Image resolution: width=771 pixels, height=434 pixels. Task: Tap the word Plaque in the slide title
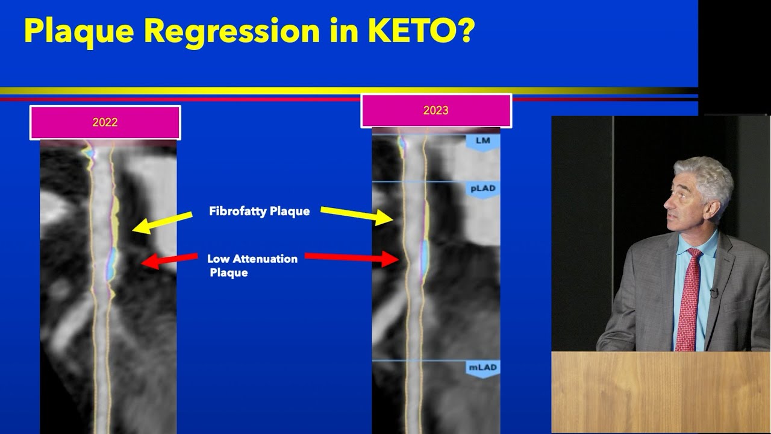click(x=79, y=33)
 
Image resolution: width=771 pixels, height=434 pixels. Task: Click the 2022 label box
click(x=105, y=122)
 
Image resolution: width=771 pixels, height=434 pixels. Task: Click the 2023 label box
click(x=436, y=110)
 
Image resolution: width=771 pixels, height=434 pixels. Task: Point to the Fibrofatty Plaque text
click(x=260, y=211)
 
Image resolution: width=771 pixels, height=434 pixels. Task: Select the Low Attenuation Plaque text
click(x=252, y=266)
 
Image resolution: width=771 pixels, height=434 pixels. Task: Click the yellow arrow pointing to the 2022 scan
click(x=162, y=222)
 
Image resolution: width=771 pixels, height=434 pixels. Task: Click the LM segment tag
click(x=483, y=142)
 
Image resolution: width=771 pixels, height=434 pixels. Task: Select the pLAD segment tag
click(x=483, y=190)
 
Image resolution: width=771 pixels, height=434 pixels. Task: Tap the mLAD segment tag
click(x=483, y=370)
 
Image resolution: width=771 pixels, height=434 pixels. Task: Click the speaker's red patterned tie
click(x=688, y=300)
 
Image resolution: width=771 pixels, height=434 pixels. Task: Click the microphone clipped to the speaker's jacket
click(x=714, y=292)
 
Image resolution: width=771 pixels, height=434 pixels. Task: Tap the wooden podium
click(x=661, y=392)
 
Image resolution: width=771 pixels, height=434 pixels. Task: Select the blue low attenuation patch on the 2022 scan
click(x=111, y=263)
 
